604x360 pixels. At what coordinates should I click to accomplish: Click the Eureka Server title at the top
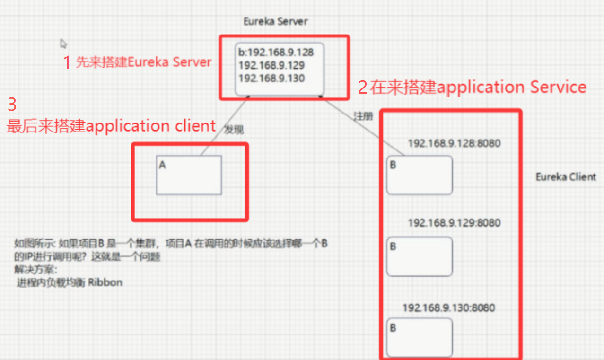275,21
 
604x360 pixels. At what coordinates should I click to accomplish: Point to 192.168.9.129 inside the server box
271,65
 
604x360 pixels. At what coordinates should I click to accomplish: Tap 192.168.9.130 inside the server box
271,78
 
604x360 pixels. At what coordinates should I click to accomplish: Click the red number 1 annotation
67,62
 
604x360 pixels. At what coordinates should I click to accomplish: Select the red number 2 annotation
362,88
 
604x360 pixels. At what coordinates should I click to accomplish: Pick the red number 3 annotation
12,105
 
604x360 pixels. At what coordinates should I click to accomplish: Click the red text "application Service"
511,87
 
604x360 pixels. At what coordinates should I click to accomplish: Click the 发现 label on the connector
234,129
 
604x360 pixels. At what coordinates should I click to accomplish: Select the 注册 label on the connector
363,116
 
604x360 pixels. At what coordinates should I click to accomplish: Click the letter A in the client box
162,166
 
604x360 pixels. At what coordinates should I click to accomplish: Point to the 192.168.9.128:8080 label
454,143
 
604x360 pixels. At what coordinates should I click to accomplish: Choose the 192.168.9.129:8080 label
454,222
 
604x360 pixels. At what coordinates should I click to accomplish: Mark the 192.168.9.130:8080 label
448,308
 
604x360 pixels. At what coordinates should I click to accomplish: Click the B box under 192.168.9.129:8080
419,256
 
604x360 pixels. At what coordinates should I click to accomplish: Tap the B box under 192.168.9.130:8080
419,337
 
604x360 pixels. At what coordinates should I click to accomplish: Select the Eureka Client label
566,177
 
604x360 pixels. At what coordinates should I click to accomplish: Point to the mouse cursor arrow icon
63,44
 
